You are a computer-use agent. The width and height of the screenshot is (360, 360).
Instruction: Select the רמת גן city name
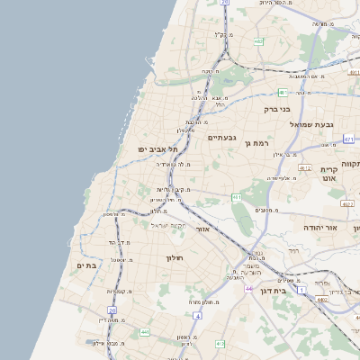coord(261,142)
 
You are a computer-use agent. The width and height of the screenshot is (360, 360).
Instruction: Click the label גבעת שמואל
coord(312,124)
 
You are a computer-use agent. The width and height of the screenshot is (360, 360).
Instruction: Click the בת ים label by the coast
coord(86,265)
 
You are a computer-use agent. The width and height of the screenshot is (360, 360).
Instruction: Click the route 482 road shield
coord(258,41)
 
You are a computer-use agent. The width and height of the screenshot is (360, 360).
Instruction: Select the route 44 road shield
coord(247,289)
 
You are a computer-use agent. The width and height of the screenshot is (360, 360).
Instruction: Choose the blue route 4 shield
coord(197,316)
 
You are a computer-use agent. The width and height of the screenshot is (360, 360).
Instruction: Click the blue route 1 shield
coord(303,288)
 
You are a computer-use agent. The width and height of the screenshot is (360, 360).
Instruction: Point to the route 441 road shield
coord(143,332)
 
